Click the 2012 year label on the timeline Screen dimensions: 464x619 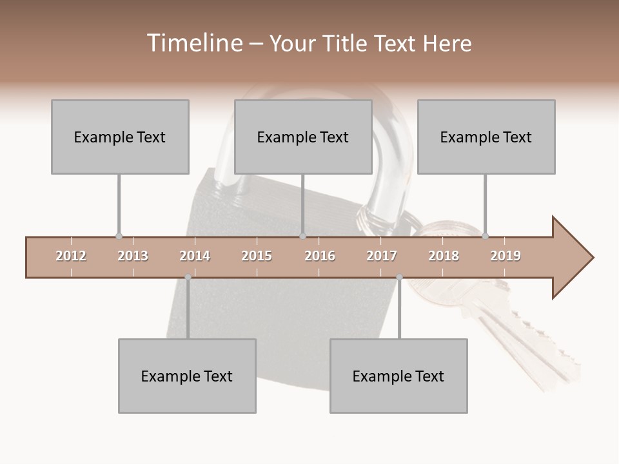click(x=71, y=256)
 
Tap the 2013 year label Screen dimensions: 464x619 click(x=133, y=256)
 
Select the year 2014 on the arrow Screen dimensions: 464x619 click(x=195, y=256)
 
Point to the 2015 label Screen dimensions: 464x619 click(x=257, y=256)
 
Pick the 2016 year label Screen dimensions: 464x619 click(x=320, y=256)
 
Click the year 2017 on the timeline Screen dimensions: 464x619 click(x=382, y=256)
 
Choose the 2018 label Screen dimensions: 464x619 click(x=444, y=256)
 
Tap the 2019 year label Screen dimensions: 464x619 click(x=506, y=256)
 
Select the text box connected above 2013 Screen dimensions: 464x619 click(x=120, y=137)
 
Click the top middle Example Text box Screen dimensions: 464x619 click(x=303, y=137)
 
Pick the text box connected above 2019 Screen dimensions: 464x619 click(x=486, y=137)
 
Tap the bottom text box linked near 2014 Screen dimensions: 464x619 click(x=187, y=376)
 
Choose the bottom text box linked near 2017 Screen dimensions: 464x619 click(x=398, y=376)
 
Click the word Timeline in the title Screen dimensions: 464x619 click(x=193, y=43)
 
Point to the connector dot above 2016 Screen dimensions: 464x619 click(x=302, y=237)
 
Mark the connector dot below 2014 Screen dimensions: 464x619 click(x=188, y=278)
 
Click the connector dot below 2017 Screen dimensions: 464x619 click(x=399, y=278)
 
